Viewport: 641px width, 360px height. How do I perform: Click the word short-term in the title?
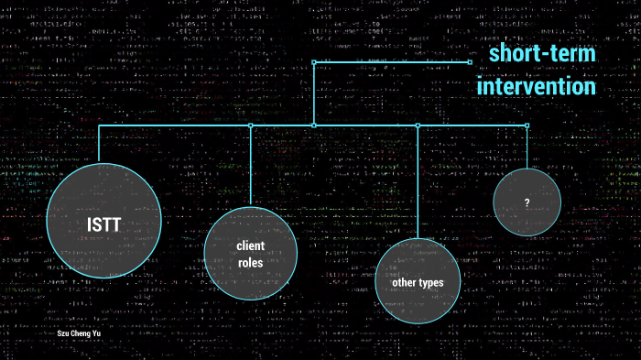click(541, 54)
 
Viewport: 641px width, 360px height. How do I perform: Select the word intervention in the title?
click(537, 87)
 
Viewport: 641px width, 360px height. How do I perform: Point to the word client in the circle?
click(250, 245)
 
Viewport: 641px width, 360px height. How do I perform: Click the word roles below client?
click(250, 263)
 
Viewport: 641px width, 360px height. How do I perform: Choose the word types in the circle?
click(431, 283)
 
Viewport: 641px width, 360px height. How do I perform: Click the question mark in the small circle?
click(527, 202)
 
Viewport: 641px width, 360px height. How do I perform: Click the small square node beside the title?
click(470, 62)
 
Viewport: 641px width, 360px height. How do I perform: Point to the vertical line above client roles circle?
click(250, 165)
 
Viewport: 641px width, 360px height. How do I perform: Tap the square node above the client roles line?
click(250, 125)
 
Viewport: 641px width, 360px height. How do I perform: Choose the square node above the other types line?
click(418, 125)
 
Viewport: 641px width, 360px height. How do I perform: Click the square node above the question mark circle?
click(527, 125)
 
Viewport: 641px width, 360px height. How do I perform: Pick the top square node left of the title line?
click(313, 62)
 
